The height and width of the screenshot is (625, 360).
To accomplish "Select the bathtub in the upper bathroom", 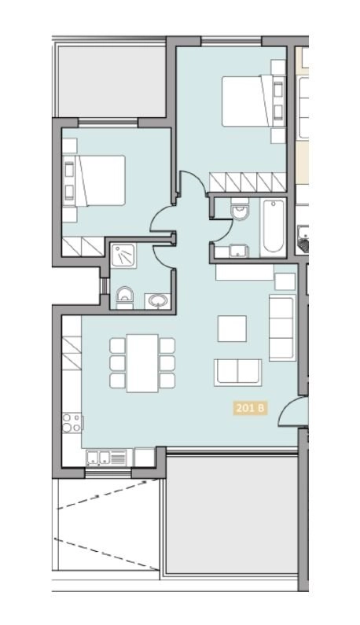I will tap(272, 227).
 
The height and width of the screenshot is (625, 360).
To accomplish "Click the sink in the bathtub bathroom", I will tap(235, 252).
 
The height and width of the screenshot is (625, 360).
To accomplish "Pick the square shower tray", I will tap(123, 256).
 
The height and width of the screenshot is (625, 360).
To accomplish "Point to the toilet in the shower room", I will tap(123, 296).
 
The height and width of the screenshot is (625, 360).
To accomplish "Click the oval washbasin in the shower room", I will tap(156, 299).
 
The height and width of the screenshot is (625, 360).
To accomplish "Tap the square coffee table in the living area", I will tap(232, 328).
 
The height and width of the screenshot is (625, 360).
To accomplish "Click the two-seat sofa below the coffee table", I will tap(237, 371).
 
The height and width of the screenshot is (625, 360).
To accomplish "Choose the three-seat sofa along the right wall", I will tap(281, 327).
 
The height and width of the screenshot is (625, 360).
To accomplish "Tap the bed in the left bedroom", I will tap(95, 180).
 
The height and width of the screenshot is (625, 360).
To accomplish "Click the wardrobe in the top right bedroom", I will tap(247, 182).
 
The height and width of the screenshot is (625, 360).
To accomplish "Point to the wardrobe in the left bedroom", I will tap(83, 246).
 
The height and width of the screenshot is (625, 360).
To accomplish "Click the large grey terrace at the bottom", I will tap(233, 522).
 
